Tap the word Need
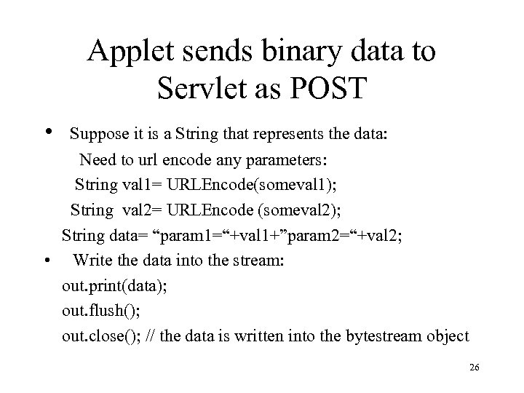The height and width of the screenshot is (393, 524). pos(98,159)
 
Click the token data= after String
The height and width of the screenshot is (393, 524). pos(119,235)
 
